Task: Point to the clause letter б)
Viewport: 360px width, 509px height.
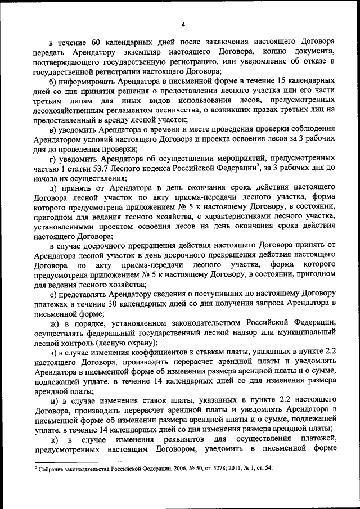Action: [x=53, y=82]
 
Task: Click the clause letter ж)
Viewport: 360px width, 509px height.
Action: [x=55, y=325]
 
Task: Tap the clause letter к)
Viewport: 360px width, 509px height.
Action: [x=55, y=440]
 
